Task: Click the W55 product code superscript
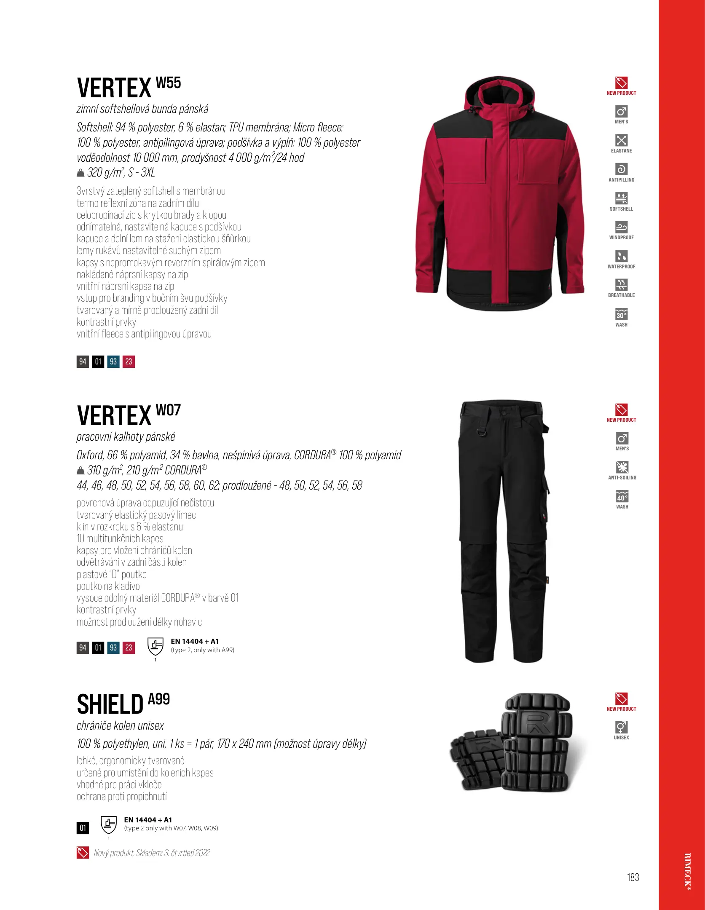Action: pyautogui.click(x=168, y=83)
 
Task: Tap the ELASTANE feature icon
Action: pyautogui.click(x=621, y=140)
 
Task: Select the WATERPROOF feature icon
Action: pyautogui.click(x=621, y=256)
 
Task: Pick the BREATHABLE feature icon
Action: pyautogui.click(x=621, y=285)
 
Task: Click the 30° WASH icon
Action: pyautogui.click(x=621, y=315)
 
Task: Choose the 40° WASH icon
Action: pyautogui.click(x=622, y=497)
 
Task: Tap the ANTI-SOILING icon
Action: pyautogui.click(x=622, y=467)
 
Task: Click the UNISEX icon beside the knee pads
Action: pyautogui.click(x=621, y=728)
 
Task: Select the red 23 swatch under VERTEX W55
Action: pyautogui.click(x=129, y=361)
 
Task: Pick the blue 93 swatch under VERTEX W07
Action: pyautogui.click(x=113, y=648)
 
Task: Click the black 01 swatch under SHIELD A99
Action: pyautogui.click(x=83, y=828)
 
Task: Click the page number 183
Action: pyautogui.click(x=633, y=878)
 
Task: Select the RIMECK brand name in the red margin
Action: pyautogui.click(x=687, y=877)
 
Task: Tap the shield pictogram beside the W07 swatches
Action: pyautogui.click(x=155, y=646)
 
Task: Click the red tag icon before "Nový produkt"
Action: pyautogui.click(x=83, y=853)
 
